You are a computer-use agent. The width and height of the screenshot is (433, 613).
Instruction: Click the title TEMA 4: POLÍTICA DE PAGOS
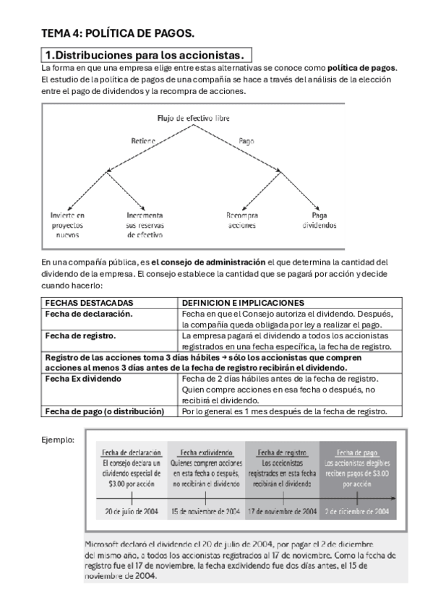(117, 33)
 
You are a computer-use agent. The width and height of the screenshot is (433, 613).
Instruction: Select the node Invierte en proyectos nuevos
(67, 225)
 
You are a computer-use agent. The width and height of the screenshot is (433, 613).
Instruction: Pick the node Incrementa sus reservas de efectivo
(145, 225)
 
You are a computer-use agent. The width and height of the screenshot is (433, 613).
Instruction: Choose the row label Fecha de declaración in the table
(89, 314)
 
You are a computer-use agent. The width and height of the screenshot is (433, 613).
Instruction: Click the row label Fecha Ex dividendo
(84, 379)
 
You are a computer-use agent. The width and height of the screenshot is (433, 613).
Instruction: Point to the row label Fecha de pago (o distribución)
(104, 411)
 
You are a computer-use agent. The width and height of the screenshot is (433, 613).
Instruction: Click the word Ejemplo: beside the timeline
(58, 438)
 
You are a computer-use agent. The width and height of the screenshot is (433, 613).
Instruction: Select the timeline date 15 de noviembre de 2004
(205, 511)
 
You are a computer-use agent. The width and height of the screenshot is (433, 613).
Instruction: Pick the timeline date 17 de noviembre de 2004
(282, 511)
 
